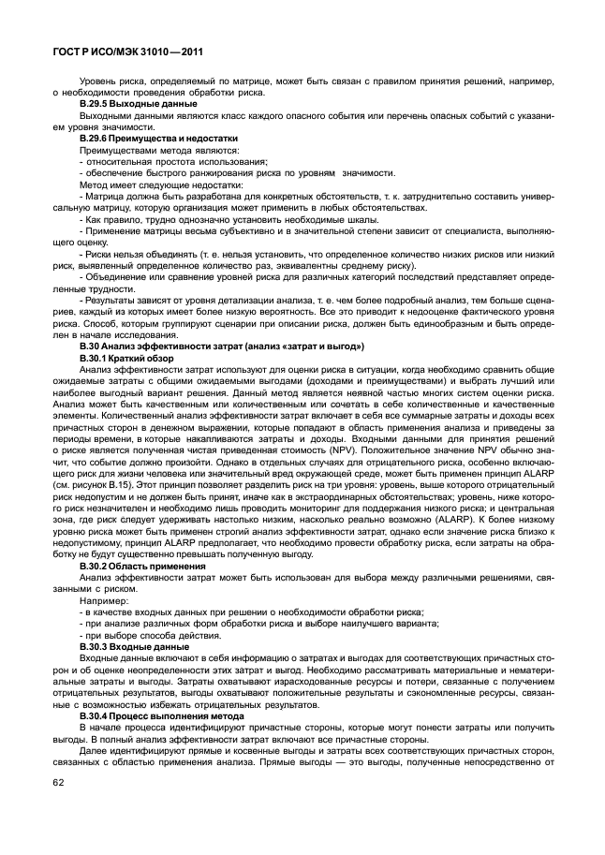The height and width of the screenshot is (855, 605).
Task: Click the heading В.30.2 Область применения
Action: pyautogui.click(x=142, y=568)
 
